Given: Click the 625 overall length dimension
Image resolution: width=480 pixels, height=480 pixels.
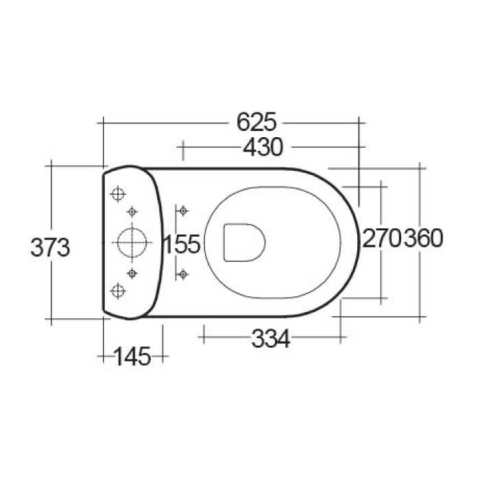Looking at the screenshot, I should coord(256,122).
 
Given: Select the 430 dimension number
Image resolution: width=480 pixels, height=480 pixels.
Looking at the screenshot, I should coord(262,147).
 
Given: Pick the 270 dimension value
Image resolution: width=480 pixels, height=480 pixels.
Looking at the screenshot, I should coord(382,239).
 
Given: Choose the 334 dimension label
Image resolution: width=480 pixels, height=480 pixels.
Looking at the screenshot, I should coord(271,338).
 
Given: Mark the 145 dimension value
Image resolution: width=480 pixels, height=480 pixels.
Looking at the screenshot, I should coord(132,356).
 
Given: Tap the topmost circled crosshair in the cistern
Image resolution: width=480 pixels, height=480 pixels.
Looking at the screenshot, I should coord(118,194).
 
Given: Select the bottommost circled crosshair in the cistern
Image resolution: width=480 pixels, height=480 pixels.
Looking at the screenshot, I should coord(118,291).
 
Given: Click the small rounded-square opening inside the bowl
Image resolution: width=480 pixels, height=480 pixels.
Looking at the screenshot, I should coord(244,242).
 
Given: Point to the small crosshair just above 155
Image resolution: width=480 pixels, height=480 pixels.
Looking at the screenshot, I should coord(182,211).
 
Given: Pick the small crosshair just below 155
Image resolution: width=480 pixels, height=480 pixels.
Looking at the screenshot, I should coord(182,274).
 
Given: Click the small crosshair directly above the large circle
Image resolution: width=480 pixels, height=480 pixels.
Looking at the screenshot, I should coord(132,211).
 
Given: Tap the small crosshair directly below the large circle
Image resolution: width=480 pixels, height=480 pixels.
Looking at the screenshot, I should coord(132,274).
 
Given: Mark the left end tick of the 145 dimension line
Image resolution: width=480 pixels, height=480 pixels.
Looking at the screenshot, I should coord(103,356).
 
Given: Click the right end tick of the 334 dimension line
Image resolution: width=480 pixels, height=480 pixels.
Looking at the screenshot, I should coord(340,337).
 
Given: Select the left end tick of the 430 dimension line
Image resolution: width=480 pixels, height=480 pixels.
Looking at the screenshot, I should coord(182,147).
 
